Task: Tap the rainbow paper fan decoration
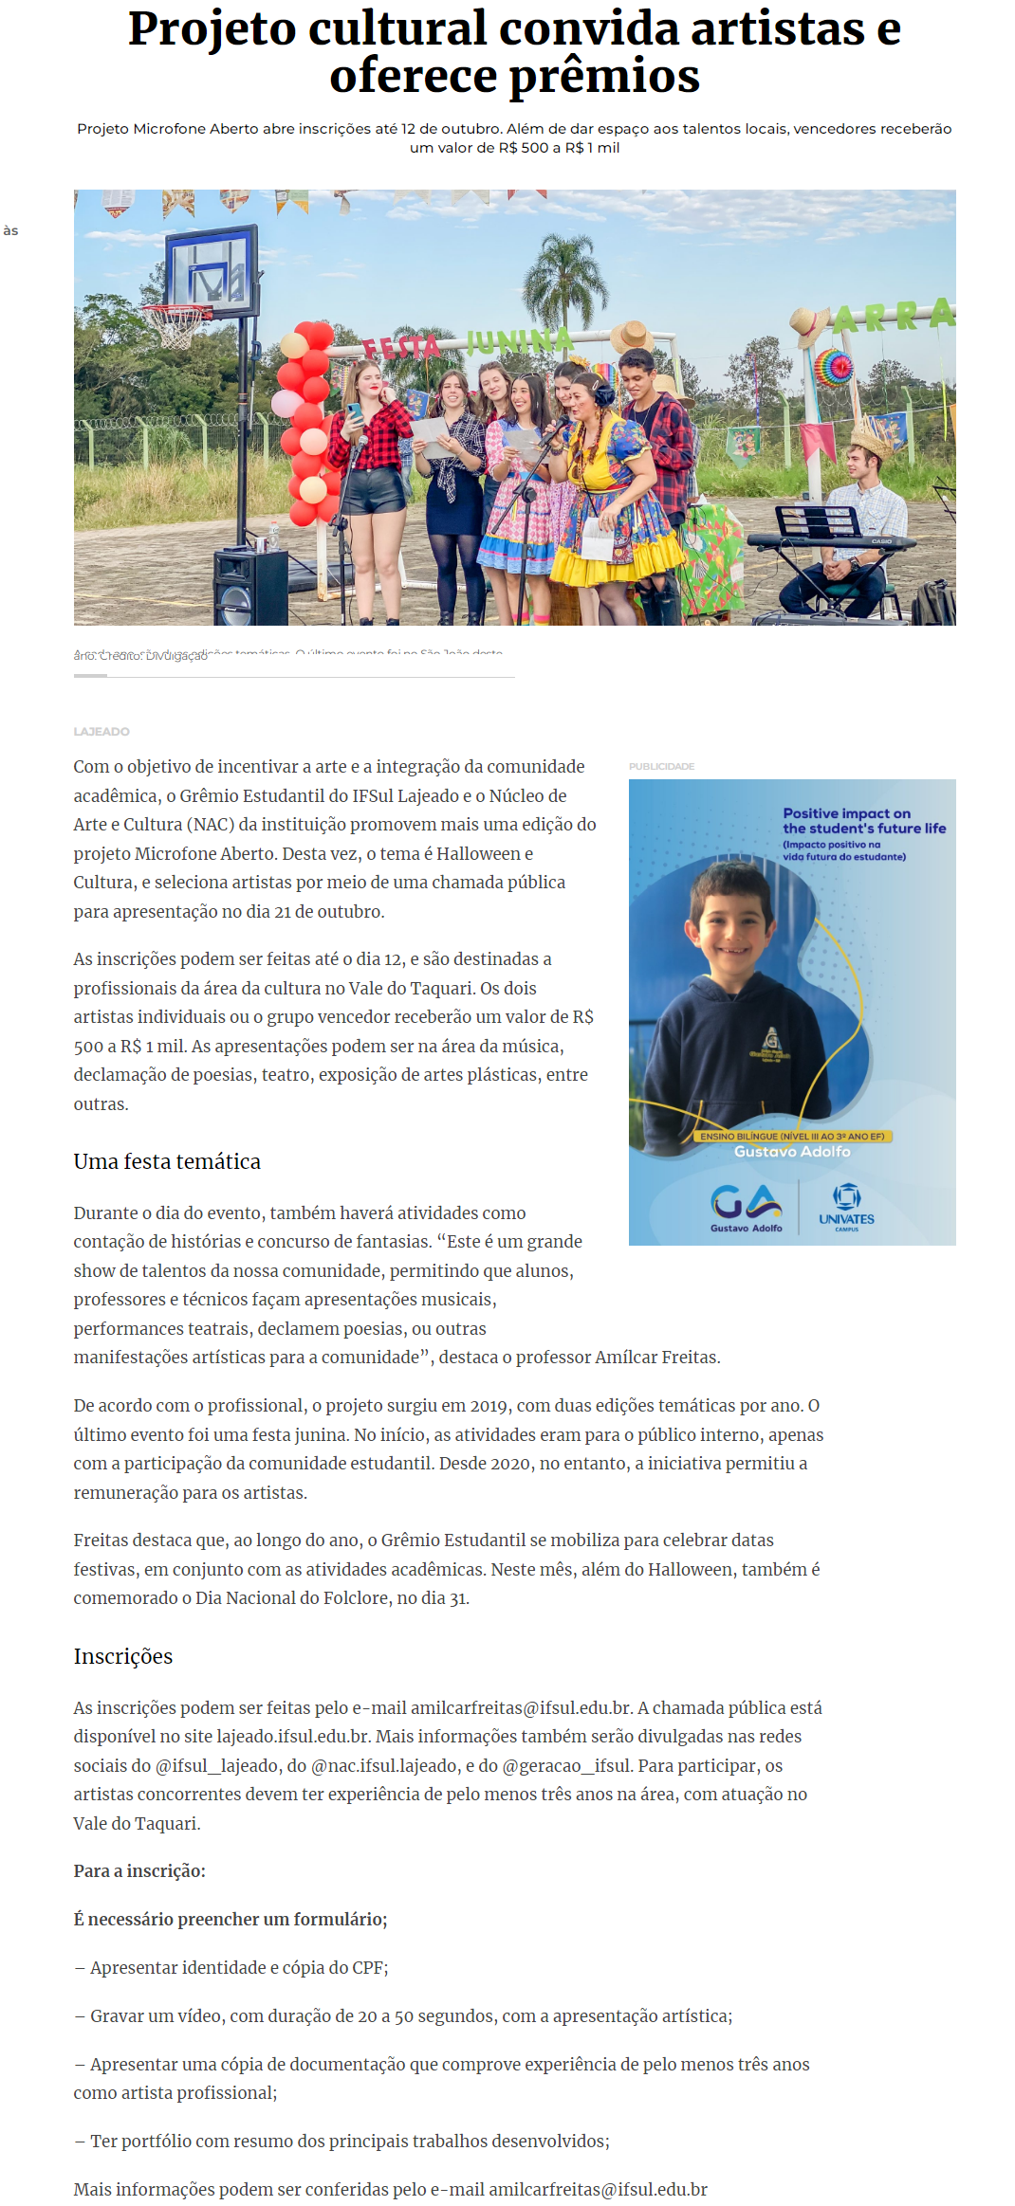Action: point(833,368)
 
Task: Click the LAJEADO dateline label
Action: point(101,731)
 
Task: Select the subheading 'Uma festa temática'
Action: point(167,1161)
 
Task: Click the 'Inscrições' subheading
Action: point(123,1656)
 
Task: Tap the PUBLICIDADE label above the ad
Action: point(661,766)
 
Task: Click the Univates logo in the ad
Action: point(846,1207)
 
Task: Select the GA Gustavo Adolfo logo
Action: point(747,1207)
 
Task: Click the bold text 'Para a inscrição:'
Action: point(139,1870)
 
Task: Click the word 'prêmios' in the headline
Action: point(604,77)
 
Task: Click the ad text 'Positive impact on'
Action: point(846,812)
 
